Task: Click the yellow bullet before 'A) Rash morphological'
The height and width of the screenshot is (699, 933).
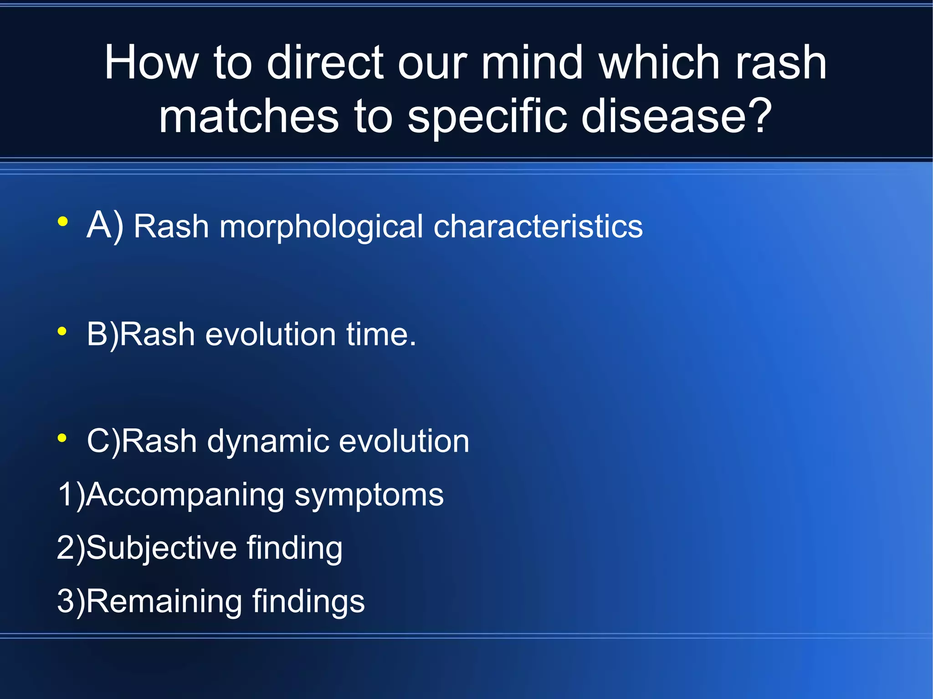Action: pos(63,222)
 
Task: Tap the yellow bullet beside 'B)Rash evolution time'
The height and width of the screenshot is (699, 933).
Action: pos(63,332)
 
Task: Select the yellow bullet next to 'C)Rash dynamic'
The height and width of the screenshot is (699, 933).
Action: pos(63,438)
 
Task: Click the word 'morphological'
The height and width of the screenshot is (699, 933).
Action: pos(321,227)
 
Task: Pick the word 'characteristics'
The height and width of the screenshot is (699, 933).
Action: pos(538,226)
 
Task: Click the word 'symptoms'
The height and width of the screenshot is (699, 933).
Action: pos(369,495)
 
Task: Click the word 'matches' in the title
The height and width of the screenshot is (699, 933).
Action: pos(249,116)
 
